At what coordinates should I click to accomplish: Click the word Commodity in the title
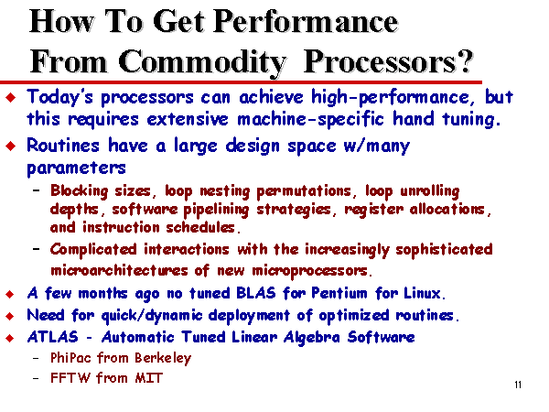(202, 62)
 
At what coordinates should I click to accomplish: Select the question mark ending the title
(466, 61)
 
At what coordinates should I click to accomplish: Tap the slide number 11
(518, 385)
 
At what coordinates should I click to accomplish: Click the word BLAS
(256, 293)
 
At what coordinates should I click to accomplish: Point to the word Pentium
(339, 293)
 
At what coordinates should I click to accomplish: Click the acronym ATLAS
(53, 337)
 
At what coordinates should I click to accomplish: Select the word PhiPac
(70, 358)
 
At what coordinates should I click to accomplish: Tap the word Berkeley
(163, 358)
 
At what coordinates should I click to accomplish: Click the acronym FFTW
(70, 378)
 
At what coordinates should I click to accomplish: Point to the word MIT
(149, 378)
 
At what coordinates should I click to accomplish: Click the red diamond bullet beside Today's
(11, 97)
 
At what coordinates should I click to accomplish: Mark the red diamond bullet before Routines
(11, 146)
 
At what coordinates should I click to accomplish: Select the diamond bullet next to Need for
(10, 316)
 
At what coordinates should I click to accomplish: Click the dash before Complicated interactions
(36, 249)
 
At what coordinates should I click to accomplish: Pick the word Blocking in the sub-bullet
(79, 191)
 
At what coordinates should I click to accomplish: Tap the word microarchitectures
(119, 270)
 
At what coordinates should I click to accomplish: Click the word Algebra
(312, 338)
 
